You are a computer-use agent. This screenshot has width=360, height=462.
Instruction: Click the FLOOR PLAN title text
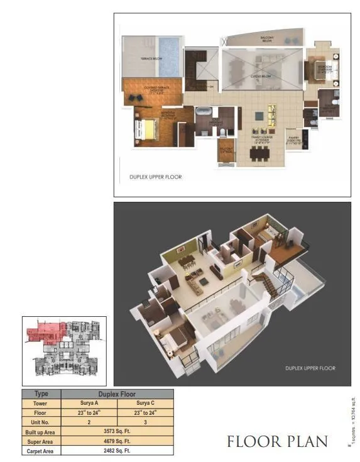tap(277, 441)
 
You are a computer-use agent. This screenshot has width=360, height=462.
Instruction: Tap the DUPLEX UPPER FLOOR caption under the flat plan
tap(155, 177)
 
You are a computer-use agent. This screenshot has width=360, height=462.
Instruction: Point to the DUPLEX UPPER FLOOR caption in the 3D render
tap(310, 368)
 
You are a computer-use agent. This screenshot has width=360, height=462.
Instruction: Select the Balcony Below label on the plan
tap(267, 39)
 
